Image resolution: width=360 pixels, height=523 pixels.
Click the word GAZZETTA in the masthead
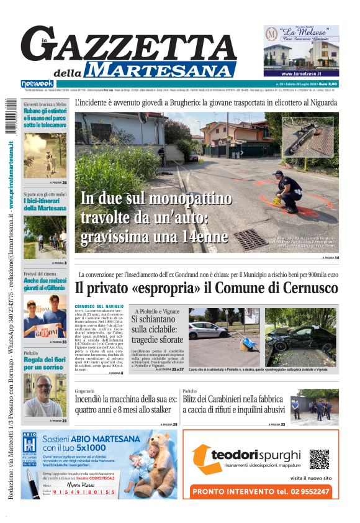tap(133, 45)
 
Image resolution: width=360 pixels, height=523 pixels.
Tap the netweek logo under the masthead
tap(37, 83)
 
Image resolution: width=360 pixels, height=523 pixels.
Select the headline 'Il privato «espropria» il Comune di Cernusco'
tap(206, 288)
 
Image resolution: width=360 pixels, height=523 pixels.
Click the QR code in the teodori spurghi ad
tap(319, 459)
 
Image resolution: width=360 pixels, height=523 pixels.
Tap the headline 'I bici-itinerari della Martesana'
tap(45, 204)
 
